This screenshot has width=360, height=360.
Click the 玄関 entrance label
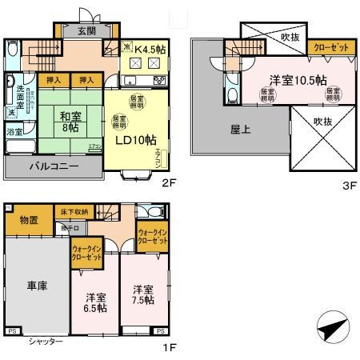click(x=86, y=31)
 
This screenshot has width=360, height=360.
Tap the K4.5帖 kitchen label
click(x=150, y=50)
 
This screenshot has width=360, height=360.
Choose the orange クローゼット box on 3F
click(x=330, y=48)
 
